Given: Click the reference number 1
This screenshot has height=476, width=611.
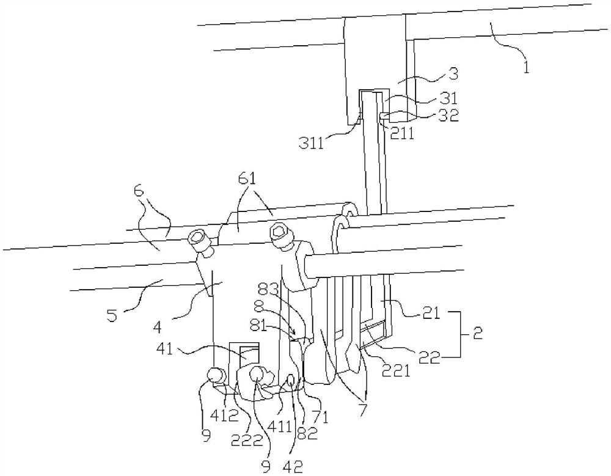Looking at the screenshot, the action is (526, 68).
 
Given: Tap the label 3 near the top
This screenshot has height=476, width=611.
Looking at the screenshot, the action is (453, 74).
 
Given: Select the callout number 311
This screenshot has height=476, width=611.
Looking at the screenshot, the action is (312, 144).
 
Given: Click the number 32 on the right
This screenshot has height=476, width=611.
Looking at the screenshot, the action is (450, 115).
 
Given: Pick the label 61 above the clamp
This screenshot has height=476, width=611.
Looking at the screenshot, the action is (247, 178).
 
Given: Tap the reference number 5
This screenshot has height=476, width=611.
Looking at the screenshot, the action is (112, 315).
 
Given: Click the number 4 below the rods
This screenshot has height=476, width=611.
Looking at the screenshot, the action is (158, 327).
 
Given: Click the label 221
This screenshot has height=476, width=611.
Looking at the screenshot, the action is (397, 371).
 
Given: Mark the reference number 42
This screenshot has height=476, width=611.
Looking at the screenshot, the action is (293, 466).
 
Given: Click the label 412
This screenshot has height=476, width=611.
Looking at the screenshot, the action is (225, 416).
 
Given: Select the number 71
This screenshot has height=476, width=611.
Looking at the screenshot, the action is (320, 418).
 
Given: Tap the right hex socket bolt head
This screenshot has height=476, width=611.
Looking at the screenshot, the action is (279, 232).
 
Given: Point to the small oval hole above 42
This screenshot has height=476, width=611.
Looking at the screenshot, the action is (291, 378).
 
